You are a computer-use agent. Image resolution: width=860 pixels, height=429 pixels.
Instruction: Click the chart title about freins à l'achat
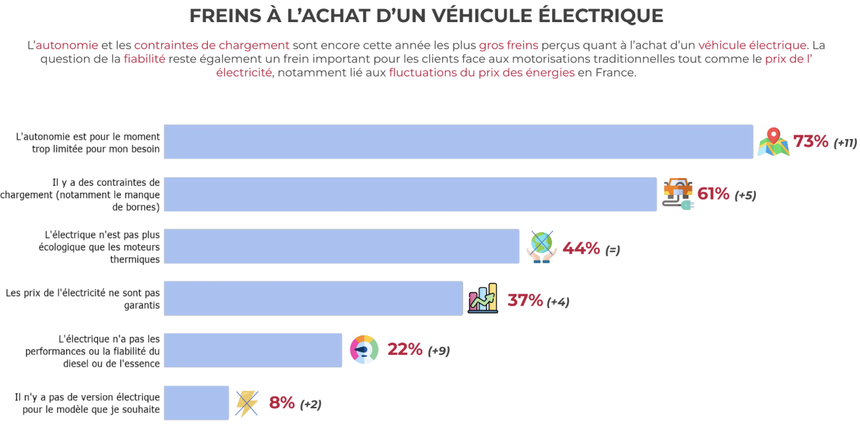pyautogui.click(x=426, y=16)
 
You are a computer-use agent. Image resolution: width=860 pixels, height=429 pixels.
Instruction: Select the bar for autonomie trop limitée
pyautogui.click(x=458, y=142)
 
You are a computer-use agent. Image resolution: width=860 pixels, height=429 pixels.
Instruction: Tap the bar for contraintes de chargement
pyautogui.click(x=410, y=194)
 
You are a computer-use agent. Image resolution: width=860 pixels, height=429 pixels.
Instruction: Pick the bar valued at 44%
pyautogui.click(x=341, y=246)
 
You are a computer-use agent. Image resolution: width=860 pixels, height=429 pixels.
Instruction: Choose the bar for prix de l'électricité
pyautogui.click(x=313, y=298)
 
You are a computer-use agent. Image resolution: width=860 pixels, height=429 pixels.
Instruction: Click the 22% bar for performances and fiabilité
pyautogui.click(x=253, y=350)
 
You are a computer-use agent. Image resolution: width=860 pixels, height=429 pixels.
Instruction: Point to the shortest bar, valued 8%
pyautogui.click(x=196, y=403)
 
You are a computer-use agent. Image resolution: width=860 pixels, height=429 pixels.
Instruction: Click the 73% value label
pyautogui.click(x=811, y=142)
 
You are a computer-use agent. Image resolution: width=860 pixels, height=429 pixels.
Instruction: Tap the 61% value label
pyautogui.click(x=713, y=194)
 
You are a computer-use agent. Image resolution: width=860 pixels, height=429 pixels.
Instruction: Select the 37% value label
pyautogui.click(x=525, y=300)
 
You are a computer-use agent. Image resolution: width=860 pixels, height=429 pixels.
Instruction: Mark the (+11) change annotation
pyautogui.click(x=845, y=143)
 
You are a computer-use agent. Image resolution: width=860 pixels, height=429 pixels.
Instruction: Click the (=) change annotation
pyautogui.click(x=613, y=250)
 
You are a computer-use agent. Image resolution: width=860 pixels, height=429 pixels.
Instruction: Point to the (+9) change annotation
pyautogui.click(x=438, y=351)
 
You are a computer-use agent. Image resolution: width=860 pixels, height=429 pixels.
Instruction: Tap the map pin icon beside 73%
pyautogui.click(x=773, y=142)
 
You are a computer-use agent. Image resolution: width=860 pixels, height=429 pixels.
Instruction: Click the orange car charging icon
pyautogui.click(x=678, y=194)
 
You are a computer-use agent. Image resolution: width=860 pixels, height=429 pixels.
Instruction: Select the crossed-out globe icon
pyautogui.click(x=542, y=246)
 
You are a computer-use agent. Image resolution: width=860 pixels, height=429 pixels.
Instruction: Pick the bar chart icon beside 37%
pyautogui.click(x=483, y=299)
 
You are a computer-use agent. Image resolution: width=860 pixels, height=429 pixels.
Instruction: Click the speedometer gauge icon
pyautogui.click(x=364, y=350)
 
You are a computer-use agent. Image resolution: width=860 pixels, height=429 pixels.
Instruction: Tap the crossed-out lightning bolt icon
pyautogui.click(x=247, y=403)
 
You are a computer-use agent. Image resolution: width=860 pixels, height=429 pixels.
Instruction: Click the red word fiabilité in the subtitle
pyautogui.click(x=144, y=59)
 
